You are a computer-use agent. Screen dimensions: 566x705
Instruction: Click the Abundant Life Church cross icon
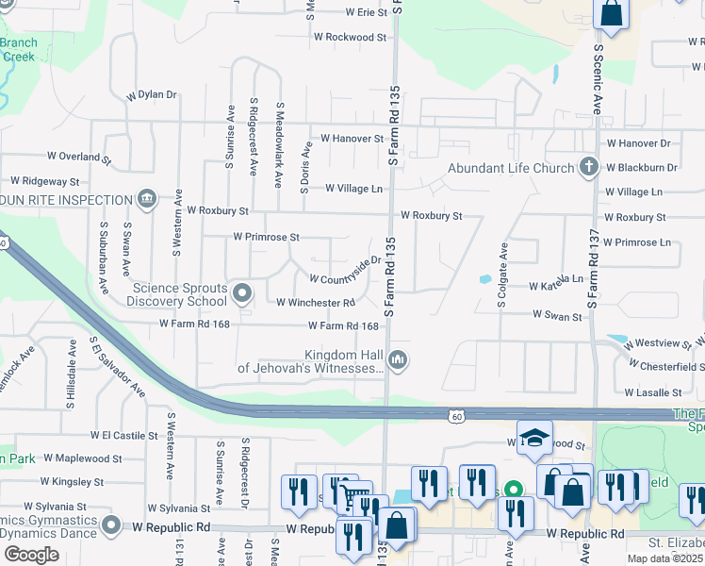pyautogui.click(x=589, y=168)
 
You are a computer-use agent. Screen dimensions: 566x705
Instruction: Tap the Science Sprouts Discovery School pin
pyautogui.click(x=243, y=293)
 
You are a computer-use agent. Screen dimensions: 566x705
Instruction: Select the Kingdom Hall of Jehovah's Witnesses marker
pyautogui.click(x=399, y=359)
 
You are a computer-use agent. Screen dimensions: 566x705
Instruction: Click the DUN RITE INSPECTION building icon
pyautogui.click(x=147, y=199)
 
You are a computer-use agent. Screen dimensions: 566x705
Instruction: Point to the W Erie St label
pyautogui.click(x=359, y=12)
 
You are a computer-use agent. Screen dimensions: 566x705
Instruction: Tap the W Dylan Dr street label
pyautogui.click(x=152, y=94)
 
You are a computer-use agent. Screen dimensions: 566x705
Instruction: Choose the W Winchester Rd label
pyautogui.click(x=315, y=302)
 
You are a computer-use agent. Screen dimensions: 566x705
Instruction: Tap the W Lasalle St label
pyautogui.click(x=652, y=391)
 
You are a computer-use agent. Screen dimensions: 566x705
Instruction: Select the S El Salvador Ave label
pyautogui.click(x=118, y=365)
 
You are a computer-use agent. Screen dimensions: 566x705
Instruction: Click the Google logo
pyautogui.click(x=31, y=555)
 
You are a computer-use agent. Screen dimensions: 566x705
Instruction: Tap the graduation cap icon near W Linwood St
pyautogui.click(x=534, y=438)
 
